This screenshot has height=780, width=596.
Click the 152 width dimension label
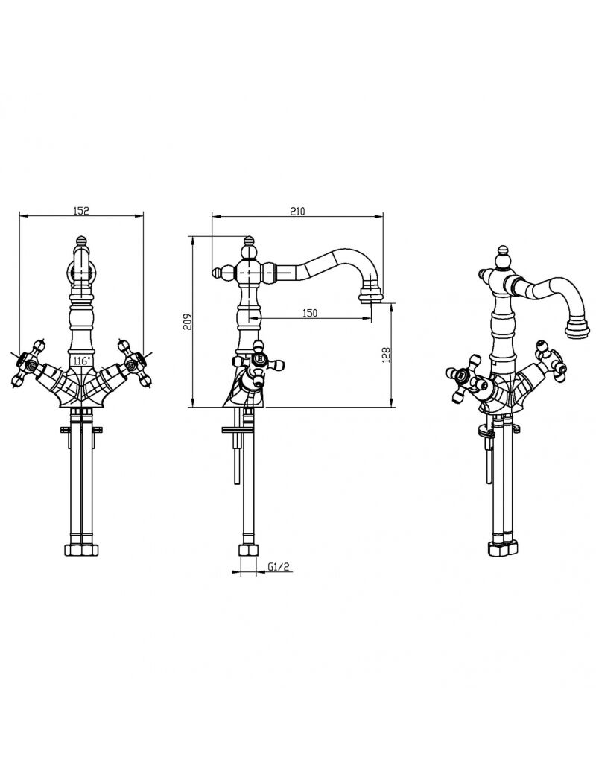pos(80,210)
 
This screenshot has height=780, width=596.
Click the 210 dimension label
pos(297,211)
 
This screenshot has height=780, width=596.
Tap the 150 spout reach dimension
pos(309,313)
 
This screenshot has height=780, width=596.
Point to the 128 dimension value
pos(387,354)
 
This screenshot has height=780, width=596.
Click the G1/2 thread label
pos(279,567)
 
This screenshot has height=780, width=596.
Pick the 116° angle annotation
pos(81,360)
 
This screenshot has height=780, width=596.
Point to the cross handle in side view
pos(259,362)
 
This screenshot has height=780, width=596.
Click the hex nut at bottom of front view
pos(82,550)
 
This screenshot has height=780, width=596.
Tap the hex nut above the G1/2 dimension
pos(248,550)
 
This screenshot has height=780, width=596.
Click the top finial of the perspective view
pos(504,255)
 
